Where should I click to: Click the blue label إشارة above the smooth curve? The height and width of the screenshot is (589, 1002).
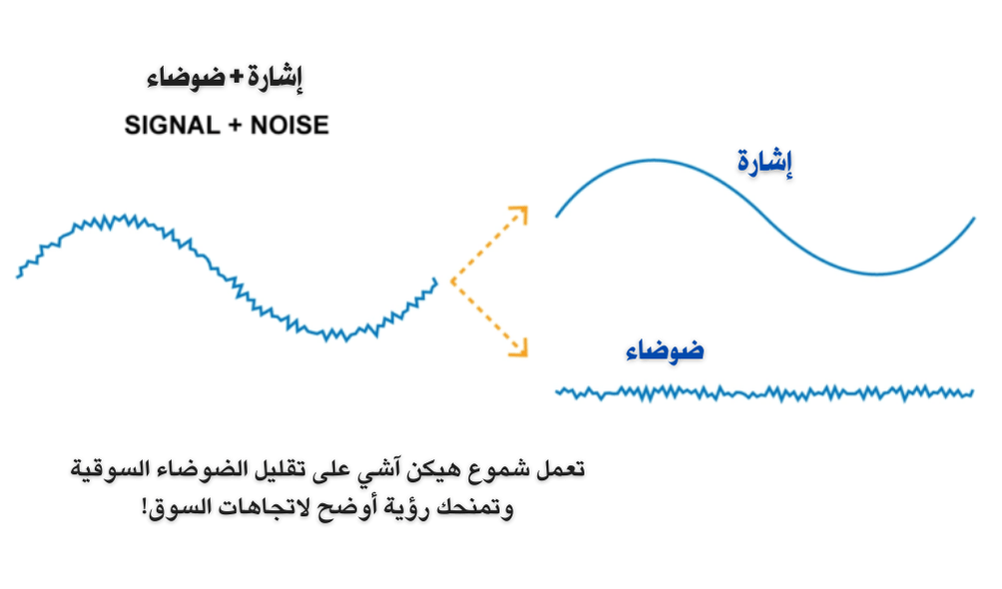(x=763, y=163)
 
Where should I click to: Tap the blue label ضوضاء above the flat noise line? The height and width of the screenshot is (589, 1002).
(x=665, y=350)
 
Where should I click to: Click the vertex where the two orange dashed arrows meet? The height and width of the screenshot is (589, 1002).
(x=452, y=282)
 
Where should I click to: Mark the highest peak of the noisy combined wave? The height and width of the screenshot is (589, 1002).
(x=125, y=216)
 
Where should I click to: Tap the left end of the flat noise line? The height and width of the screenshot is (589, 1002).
(x=557, y=391)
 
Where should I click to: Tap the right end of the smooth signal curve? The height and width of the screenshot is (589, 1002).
(x=973, y=219)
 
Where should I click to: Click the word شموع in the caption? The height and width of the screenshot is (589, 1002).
(x=507, y=468)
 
